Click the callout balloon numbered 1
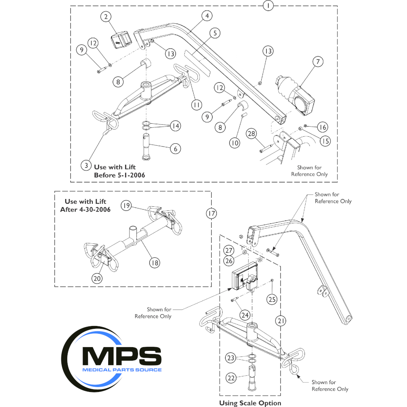click(268, 6)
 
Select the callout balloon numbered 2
click(106, 17)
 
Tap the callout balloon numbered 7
click(317, 61)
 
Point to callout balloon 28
click(251, 133)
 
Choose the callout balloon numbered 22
click(231, 378)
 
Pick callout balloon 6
click(175, 149)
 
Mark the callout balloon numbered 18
click(154, 263)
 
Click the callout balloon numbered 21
click(280, 321)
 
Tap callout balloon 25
click(271, 299)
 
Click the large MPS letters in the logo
click(122, 356)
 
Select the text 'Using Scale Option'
click(250, 403)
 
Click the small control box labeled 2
click(121, 39)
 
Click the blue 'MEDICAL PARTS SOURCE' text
click(122, 370)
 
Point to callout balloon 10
click(235, 143)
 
